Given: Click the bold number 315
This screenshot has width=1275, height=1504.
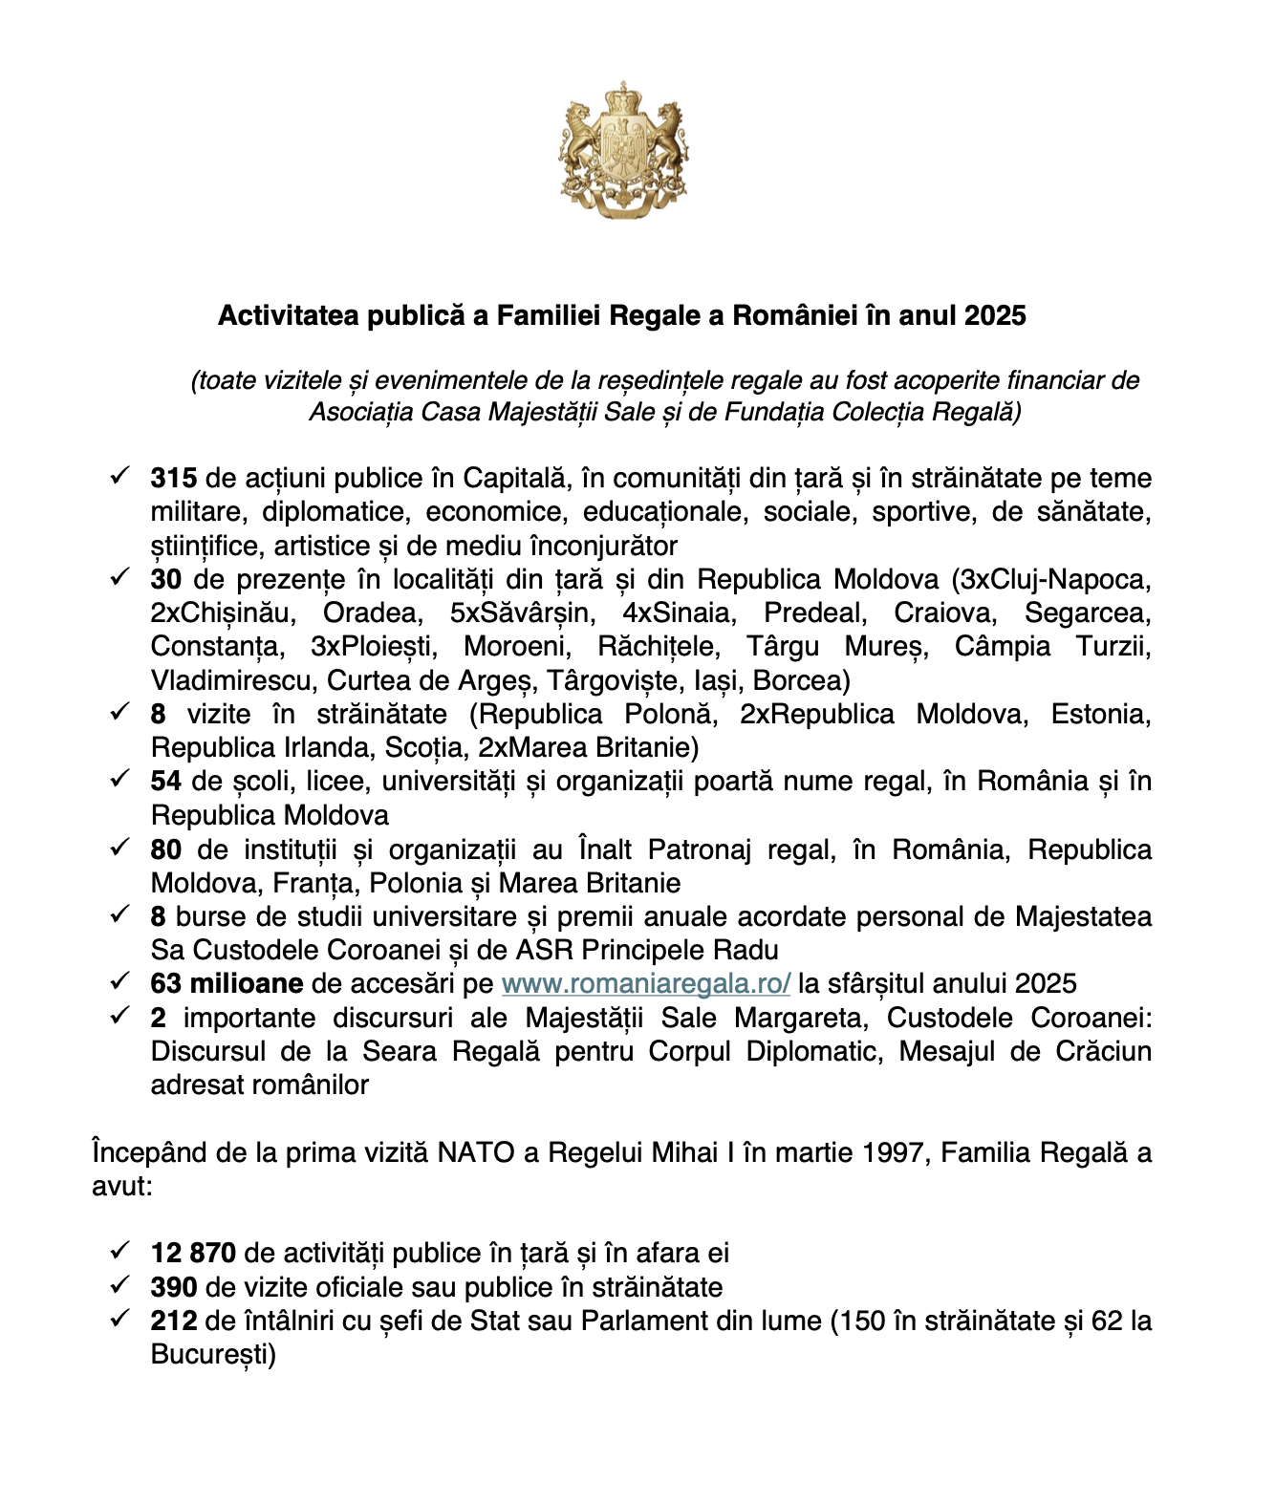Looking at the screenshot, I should coord(173,478).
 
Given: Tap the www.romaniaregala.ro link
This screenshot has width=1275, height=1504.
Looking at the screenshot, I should coord(645,983).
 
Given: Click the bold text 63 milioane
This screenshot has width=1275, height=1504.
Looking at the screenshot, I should coord(227,983).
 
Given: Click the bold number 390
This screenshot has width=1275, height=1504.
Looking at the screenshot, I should coord(173,1287).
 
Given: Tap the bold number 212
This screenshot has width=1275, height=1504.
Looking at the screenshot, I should coord(173,1321).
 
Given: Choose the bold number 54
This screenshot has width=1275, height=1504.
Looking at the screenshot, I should coord(165,781).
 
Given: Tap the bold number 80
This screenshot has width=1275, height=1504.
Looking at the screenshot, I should coord(165,849).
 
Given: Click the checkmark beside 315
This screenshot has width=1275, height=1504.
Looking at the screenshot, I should coord(119,475).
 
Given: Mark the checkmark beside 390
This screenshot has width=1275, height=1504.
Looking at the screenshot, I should coord(119,1284).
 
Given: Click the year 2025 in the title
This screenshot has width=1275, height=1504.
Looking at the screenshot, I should coord(995,315).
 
